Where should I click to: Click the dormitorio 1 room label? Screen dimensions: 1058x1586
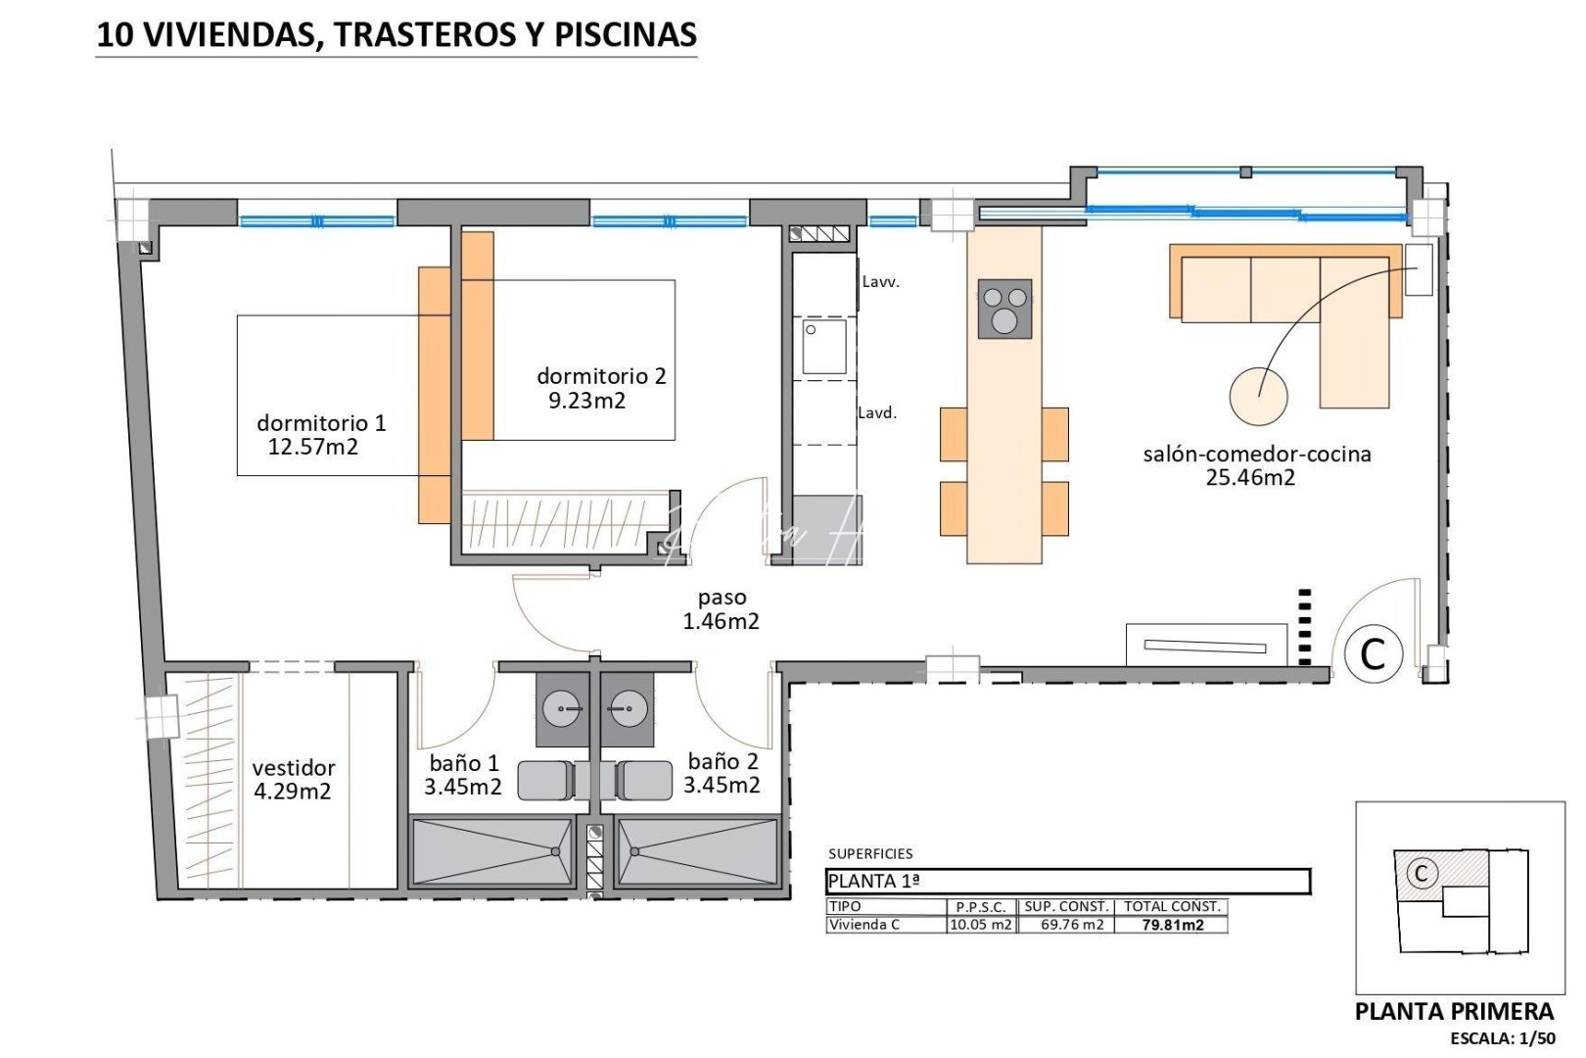point(321,423)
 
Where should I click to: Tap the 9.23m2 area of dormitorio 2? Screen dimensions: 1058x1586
point(586,401)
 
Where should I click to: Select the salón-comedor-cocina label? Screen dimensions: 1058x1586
point(1256,455)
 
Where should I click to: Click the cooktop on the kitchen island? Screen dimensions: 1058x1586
point(1004,309)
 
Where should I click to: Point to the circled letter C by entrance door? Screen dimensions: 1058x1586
point(1373,653)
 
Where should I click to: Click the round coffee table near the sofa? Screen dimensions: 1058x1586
point(1258,396)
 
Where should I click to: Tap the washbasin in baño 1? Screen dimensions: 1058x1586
point(564,706)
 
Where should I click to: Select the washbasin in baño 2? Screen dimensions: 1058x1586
point(627,706)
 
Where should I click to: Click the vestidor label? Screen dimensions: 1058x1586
point(293,768)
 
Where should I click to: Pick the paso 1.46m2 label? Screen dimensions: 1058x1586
point(722,609)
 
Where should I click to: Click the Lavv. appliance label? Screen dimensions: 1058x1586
point(880,282)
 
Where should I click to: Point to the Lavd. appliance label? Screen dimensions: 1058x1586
point(877,413)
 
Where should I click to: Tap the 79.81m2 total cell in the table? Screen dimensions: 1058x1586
point(1172,925)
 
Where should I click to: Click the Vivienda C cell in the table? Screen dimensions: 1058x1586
point(864,925)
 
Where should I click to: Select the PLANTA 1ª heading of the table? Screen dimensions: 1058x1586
point(873,882)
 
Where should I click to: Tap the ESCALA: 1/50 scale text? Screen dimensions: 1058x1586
point(1502,1038)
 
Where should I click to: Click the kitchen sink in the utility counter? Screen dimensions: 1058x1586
point(824,348)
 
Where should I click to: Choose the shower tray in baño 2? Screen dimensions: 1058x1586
point(697,852)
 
